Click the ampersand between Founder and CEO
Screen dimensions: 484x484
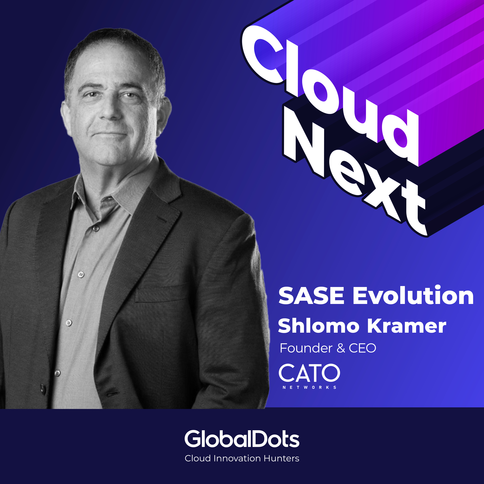341,348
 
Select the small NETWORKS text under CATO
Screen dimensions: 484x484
309,387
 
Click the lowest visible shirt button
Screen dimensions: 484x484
57,373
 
